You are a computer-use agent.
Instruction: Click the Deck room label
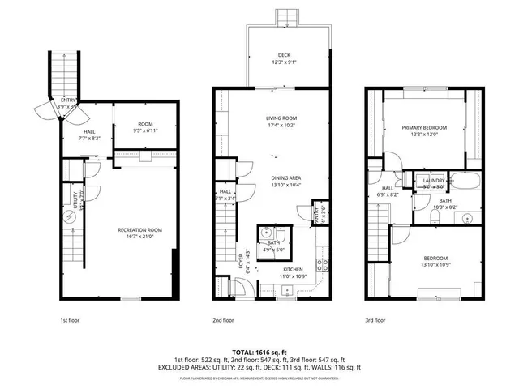(x=272, y=55)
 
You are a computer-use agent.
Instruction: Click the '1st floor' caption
(x=71, y=320)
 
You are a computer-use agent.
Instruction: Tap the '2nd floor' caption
(x=223, y=320)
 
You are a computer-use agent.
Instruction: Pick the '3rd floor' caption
(x=375, y=320)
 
